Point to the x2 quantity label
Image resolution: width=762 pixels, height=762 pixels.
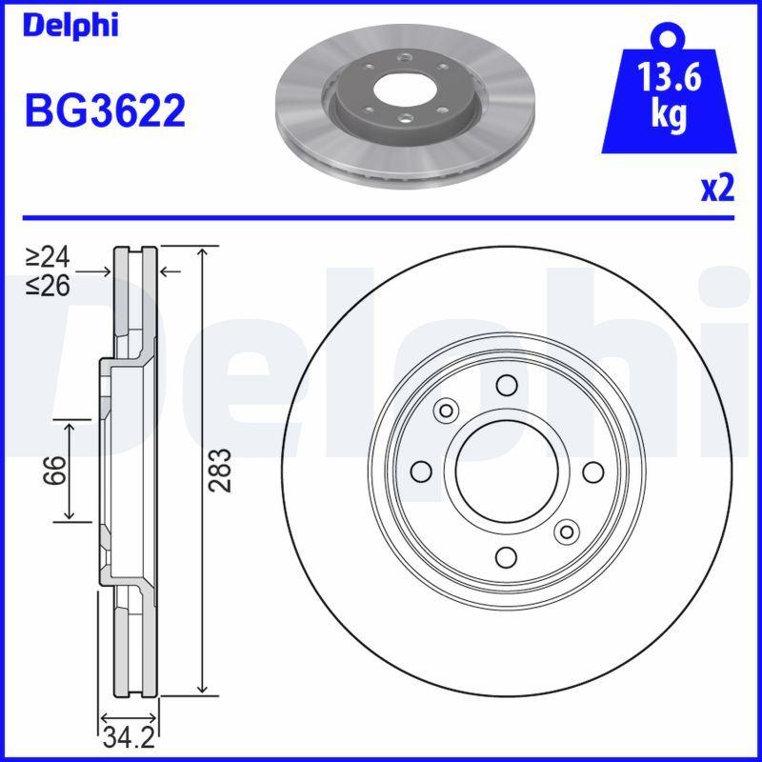(x=716, y=189)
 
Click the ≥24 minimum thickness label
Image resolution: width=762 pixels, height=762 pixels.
(x=48, y=257)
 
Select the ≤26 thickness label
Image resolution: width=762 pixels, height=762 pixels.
(x=48, y=284)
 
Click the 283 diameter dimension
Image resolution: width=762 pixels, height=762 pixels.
(x=220, y=470)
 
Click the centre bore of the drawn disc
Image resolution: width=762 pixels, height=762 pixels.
(x=506, y=471)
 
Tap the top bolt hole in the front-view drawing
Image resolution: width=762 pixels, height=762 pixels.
(x=507, y=385)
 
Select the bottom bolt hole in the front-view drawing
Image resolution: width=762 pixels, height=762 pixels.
(x=507, y=557)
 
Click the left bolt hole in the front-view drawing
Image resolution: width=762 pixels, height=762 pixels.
(x=420, y=471)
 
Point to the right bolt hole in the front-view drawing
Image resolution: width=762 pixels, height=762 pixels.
(x=592, y=471)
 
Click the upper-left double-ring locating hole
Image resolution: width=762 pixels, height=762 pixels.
(x=445, y=411)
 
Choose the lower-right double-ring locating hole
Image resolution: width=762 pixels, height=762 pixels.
(x=568, y=531)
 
